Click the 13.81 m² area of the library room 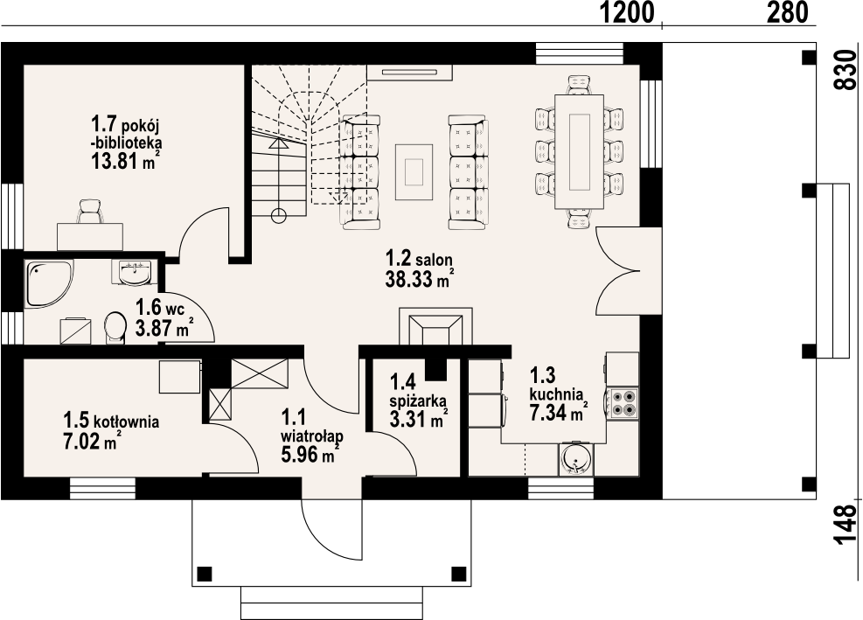[x=126, y=160]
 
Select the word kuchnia [x=556, y=394]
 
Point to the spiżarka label [x=418, y=401]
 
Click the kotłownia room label [x=127, y=421]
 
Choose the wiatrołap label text [x=312, y=436]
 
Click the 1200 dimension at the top [x=626, y=12]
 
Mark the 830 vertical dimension [x=846, y=69]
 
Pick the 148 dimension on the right [x=846, y=525]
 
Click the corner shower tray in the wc [x=48, y=282]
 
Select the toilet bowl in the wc [x=115, y=328]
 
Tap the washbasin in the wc [x=135, y=272]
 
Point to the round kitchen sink [x=575, y=459]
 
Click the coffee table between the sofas [x=414, y=171]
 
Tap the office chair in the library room [x=90, y=212]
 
